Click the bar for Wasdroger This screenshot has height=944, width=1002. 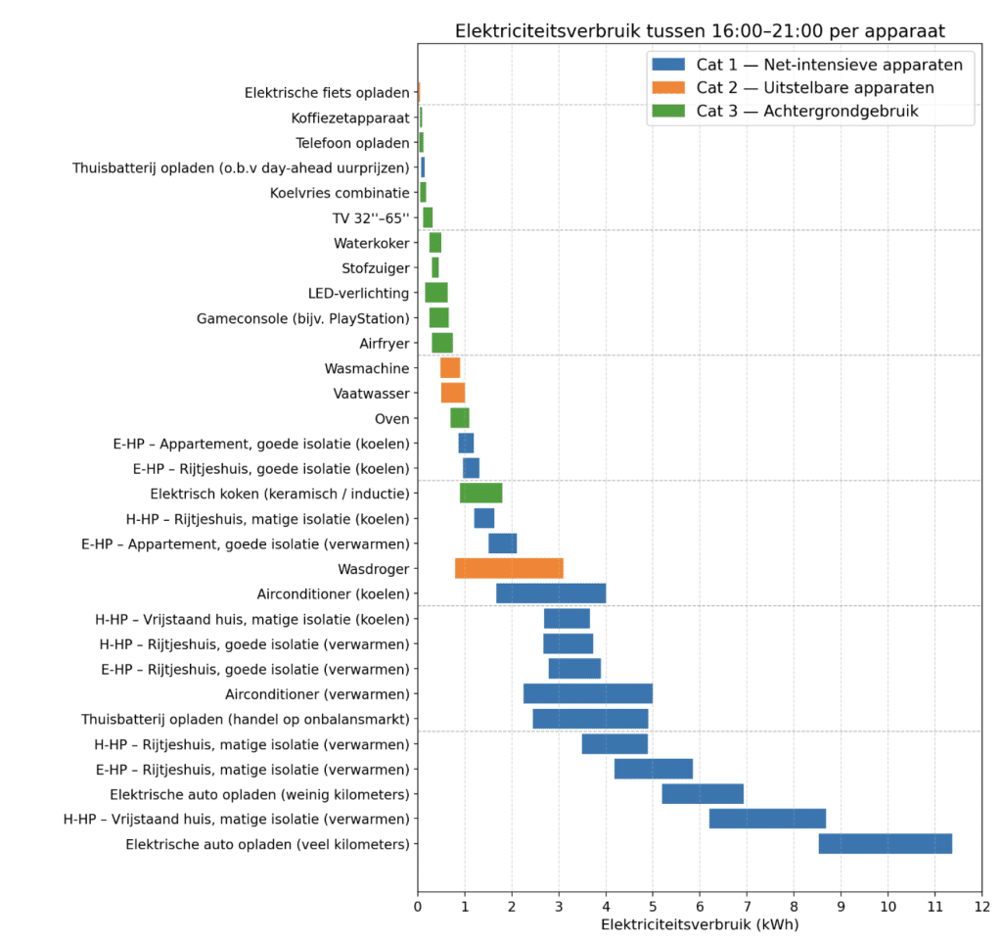[509, 568]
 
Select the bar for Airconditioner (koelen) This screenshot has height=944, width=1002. [551, 593]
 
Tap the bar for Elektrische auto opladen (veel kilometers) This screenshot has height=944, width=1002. [885, 844]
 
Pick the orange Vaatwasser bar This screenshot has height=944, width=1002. [453, 393]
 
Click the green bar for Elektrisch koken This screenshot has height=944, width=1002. [480, 493]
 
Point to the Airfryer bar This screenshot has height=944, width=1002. [442, 343]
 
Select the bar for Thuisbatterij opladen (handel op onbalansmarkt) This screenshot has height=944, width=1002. [590, 719]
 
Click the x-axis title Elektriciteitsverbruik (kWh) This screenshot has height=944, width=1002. [700, 924]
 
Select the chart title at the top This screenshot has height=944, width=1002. [700, 31]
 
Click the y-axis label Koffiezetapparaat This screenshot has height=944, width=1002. [350, 118]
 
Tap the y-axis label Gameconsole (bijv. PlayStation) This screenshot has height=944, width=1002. [303, 318]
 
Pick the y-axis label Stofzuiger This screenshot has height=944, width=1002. [376, 267]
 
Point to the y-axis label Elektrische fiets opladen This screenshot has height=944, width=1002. [327, 93]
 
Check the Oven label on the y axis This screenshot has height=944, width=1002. [392, 418]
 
